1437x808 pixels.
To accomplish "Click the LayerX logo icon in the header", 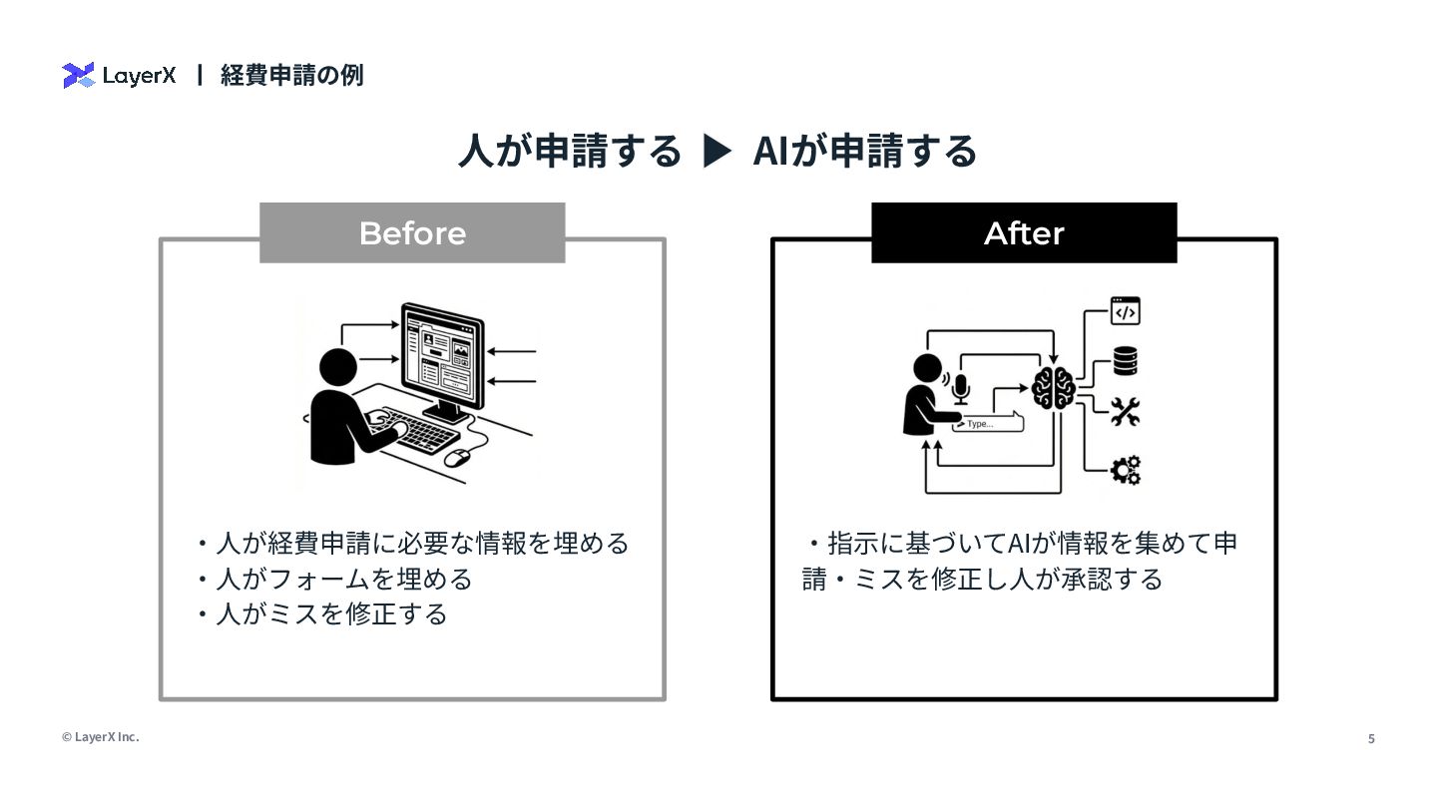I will click(78, 76).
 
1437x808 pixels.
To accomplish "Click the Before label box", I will click(412, 233).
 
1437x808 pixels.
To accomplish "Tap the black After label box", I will click(1024, 233).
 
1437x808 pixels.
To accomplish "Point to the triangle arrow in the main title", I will click(718, 152).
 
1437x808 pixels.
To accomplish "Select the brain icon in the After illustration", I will click(1053, 387).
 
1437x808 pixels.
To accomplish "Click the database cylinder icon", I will click(1126, 361).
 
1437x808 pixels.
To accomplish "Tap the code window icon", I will click(1126, 311).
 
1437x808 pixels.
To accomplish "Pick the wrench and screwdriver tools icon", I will click(1126, 412).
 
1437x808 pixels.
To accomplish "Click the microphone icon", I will click(960, 387).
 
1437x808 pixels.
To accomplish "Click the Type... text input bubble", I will click(988, 423).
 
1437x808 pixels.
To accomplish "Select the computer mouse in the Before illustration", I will click(457, 458).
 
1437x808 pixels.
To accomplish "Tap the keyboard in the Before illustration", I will click(419, 431).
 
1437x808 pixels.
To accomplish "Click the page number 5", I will click(1371, 739).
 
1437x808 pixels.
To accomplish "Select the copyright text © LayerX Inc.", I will click(100, 737).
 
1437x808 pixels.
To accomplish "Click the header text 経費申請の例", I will click(291, 76).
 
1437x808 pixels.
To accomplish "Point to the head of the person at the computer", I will click(337, 366).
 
